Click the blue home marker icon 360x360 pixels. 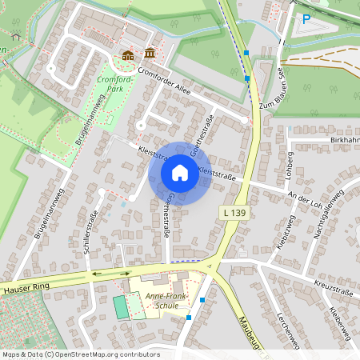click(x=179, y=173)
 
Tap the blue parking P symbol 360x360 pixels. click(x=306, y=20)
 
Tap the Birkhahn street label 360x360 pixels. click(x=344, y=139)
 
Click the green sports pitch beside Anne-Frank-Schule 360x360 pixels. click(x=121, y=306)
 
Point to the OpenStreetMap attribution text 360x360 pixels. click(x=81, y=354)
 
